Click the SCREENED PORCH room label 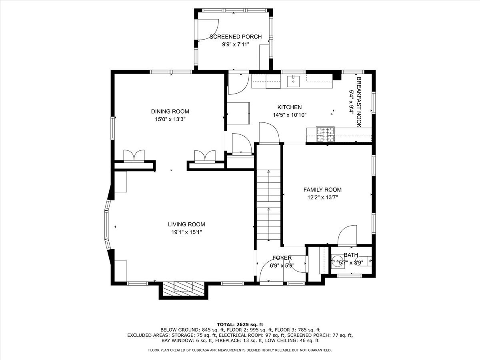(236, 37)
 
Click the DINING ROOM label (170, 112)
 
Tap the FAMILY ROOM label (322, 190)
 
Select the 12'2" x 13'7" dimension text (322, 197)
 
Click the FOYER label (282, 258)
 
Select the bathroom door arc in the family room (347, 235)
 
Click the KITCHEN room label (290, 107)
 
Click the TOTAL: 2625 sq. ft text (240, 324)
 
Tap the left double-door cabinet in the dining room (134, 156)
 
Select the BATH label (351, 255)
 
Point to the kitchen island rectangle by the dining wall (238, 113)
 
